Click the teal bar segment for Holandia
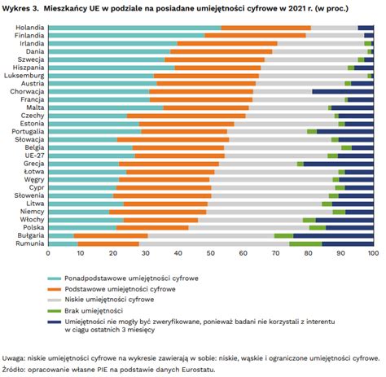click(135, 28)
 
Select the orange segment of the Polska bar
click(152, 228)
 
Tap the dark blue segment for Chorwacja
click(343, 92)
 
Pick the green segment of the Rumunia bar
click(305, 243)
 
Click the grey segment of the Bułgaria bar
click(211, 236)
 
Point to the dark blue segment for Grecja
click(339, 164)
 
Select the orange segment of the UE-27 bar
click(180, 156)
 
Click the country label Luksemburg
click(24, 76)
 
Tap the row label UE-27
click(34, 156)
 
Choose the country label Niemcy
click(32, 212)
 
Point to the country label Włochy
click(32, 220)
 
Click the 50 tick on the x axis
click(211, 253)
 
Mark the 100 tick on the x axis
click(374, 253)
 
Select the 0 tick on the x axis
click(48, 253)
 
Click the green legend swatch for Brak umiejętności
click(55, 311)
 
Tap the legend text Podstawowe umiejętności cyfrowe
click(120, 289)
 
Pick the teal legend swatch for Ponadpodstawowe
click(55, 278)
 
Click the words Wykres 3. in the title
click(20, 8)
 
